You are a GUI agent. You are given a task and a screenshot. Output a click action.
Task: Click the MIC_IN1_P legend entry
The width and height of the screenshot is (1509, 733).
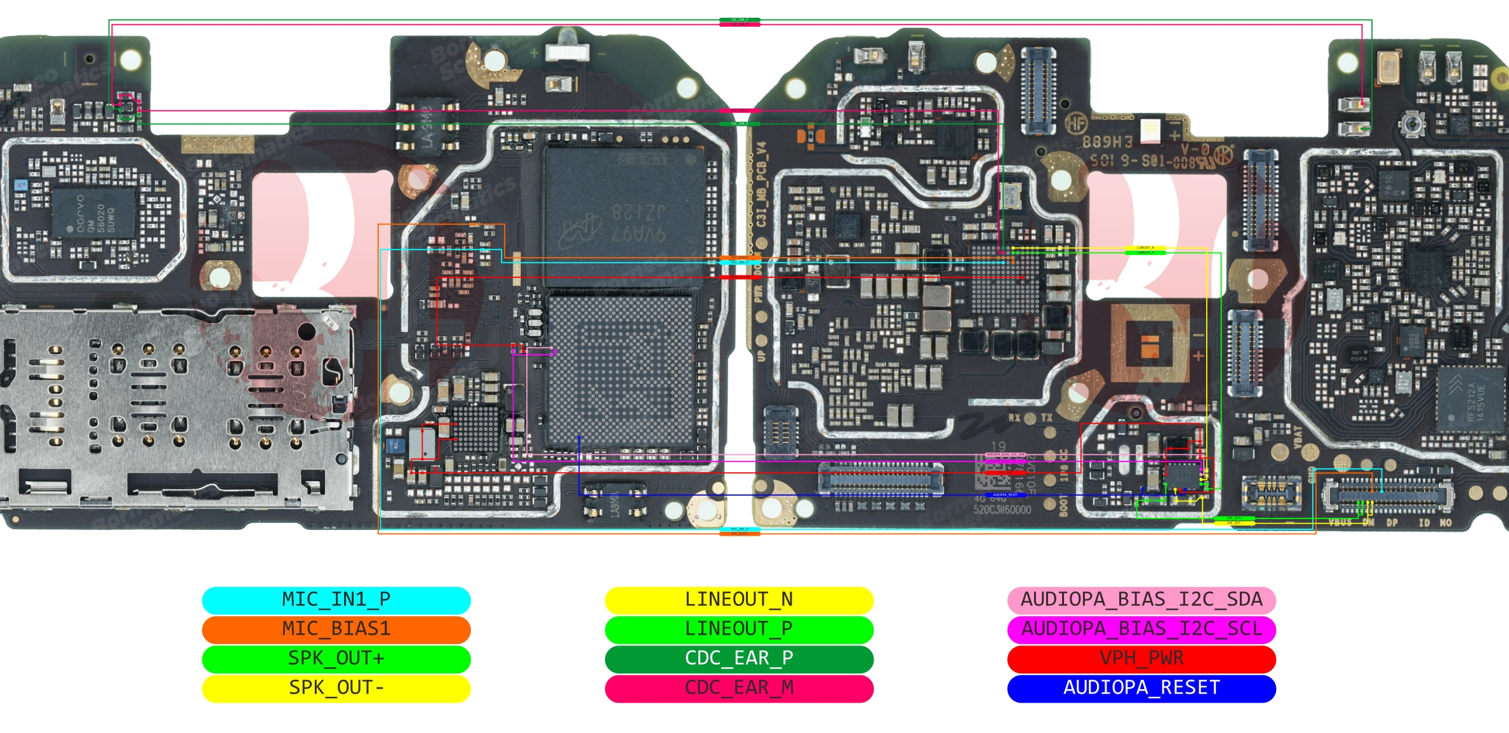click(x=336, y=600)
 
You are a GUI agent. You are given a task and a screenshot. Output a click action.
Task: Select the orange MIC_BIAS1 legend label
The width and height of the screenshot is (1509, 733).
click(x=336, y=629)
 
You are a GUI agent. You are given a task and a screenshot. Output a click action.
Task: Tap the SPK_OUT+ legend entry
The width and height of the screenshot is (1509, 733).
click(x=336, y=658)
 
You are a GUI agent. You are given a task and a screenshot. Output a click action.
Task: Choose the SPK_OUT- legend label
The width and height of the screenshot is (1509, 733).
click(x=336, y=688)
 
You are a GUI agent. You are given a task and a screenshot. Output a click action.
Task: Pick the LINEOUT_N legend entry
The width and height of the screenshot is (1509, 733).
click(x=739, y=600)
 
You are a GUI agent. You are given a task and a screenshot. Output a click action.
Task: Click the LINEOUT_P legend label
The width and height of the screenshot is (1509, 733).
click(x=739, y=629)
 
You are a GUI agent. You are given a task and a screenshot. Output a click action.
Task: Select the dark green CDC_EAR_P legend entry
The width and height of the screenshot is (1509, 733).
click(x=739, y=658)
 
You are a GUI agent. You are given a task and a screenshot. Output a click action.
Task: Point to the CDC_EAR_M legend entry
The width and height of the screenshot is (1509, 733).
click(x=739, y=688)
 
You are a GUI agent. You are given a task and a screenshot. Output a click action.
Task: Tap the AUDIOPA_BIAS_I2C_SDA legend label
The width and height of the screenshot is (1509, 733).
click(x=1141, y=600)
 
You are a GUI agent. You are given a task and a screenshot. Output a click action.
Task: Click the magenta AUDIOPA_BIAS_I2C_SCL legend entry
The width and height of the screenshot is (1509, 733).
click(x=1141, y=629)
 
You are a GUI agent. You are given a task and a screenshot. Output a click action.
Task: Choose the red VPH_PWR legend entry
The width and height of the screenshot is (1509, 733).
click(x=1141, y=658)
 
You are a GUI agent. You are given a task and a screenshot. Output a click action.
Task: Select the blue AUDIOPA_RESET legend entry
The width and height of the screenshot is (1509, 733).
click(x=1141, y=688)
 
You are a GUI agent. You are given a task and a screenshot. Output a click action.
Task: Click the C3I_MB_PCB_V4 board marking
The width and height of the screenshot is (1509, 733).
click(x=761, y=184)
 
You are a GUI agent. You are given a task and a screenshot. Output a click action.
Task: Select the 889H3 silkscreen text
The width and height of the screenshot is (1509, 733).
click(x=1107, y=141)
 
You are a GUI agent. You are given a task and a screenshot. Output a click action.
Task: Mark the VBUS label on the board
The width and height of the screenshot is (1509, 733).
click(x=1340, y=523)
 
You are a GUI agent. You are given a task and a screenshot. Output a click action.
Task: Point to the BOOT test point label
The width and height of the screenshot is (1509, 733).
click(x=1063, y=505)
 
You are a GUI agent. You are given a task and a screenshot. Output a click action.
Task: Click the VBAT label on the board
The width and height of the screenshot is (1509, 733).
click(x=1298, y=437)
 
